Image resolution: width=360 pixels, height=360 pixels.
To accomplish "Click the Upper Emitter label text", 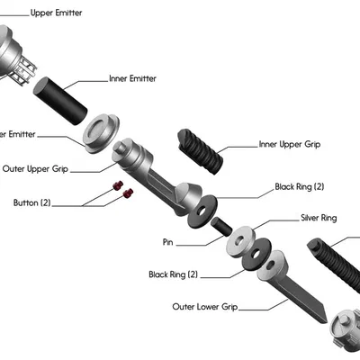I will [58, 14].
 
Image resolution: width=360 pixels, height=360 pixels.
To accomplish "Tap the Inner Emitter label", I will [132, 78].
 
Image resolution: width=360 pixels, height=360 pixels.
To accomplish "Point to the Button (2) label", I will [32, 202].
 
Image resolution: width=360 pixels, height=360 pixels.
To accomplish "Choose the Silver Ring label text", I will [318, 218].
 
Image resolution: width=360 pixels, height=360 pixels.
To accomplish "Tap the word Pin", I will [167, 243].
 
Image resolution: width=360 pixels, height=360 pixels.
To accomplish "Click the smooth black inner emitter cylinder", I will [60, 101].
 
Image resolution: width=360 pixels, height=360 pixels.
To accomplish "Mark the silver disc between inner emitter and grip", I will [103, 131].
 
